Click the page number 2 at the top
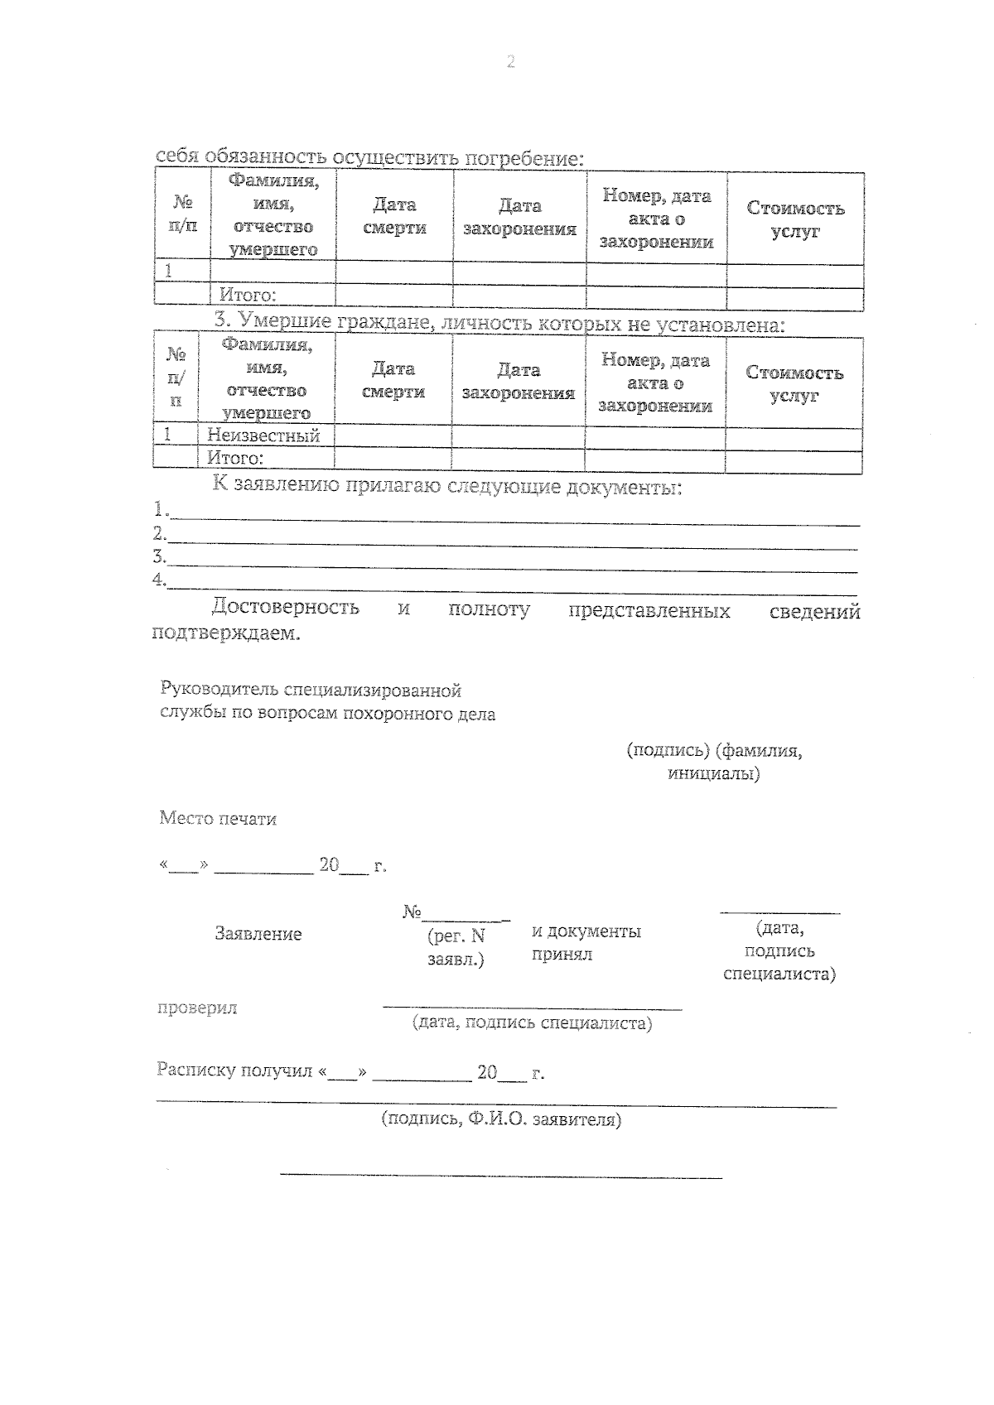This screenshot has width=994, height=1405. click(x=510, y=62)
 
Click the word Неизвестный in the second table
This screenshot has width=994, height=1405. click(x=263, y=435)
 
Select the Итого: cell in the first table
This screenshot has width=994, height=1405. click(x=248, y=296)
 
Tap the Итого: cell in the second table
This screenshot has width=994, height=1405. click(x=235, y=458)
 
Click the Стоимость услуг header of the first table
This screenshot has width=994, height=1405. click(x=795, y=219)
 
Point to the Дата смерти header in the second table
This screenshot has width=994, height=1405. click(x=393, y=380)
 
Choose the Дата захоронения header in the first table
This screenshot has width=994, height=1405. click(x=519, y=217)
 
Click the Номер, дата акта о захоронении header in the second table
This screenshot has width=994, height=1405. click(x=655, y=383)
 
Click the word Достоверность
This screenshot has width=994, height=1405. click(x=285, y=607)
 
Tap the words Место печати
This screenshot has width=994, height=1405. click(x=218, y=819)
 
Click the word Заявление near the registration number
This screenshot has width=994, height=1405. click(x=258, y=934)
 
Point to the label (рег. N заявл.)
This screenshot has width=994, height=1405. click(x=456, y=948)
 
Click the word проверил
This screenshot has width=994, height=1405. click(x=197, y=1008)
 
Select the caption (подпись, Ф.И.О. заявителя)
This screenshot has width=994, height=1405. click(x=501, y=1119)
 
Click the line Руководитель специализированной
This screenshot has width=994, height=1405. click(x=311, y=690)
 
